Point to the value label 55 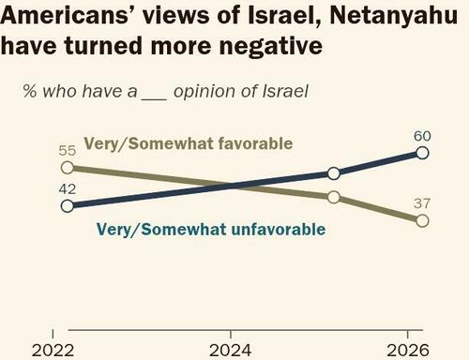click(66, 149)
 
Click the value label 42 click(66, 187)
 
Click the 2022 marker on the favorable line click(67, 167)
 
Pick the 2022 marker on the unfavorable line click(67, 205)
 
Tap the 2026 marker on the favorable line click(422, 220)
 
